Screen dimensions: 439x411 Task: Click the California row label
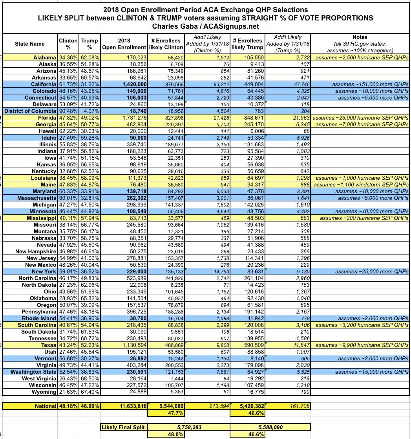pos(41,84)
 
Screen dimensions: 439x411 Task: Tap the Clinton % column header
pos(68,44)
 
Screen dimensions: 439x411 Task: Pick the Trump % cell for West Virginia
pos(90,378)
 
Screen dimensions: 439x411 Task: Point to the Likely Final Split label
pos(123,427)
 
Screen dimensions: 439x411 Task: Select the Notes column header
pos(360,44)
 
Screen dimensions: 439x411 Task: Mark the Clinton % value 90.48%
pos(68,111)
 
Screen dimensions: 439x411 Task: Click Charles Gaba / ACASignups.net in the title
pos(206,26)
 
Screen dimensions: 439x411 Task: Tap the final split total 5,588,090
pos(270,427)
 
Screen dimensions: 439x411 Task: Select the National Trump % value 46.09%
pos(90,406)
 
